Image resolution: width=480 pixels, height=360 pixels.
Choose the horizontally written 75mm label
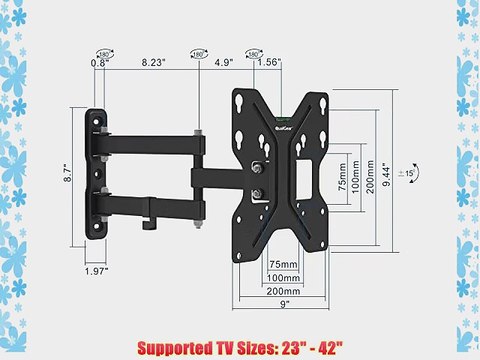(284, 264)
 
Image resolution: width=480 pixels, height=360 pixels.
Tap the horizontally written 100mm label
(285, 278)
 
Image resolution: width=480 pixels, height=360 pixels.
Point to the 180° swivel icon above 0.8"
(103, 43)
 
